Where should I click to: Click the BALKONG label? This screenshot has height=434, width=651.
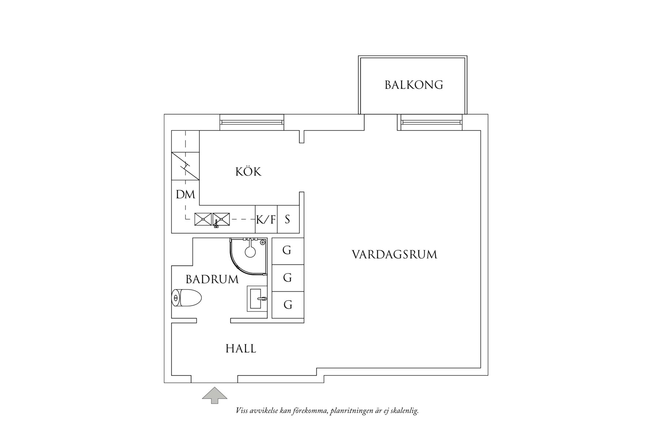[414, 85]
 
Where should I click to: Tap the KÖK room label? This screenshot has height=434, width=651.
[248, 171]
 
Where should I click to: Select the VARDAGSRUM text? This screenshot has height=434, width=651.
[394, 254]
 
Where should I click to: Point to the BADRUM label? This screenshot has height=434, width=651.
[212, 279]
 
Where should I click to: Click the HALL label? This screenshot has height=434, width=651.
[241, 348]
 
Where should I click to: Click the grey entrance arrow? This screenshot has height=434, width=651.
[215, 395]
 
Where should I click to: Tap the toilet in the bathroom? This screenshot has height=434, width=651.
[187, 298]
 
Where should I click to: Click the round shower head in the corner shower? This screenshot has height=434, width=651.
[250, 252]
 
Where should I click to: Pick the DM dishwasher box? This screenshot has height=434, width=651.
[185, 195]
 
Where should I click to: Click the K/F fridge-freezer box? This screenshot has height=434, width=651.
[266, 219]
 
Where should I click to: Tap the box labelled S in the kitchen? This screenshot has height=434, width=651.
[288, 219]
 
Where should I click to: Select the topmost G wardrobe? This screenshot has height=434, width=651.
[287, 251]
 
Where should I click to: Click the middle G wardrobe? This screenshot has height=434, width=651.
[287, 278]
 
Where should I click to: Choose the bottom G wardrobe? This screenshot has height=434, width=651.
[287, 305]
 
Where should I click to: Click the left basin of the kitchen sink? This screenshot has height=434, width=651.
[203, 219]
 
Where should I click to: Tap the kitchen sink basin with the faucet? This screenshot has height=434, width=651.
[221, 219]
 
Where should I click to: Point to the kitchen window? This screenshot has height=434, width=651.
[252, 122]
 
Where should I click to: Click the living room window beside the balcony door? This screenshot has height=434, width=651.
[430, 122]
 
